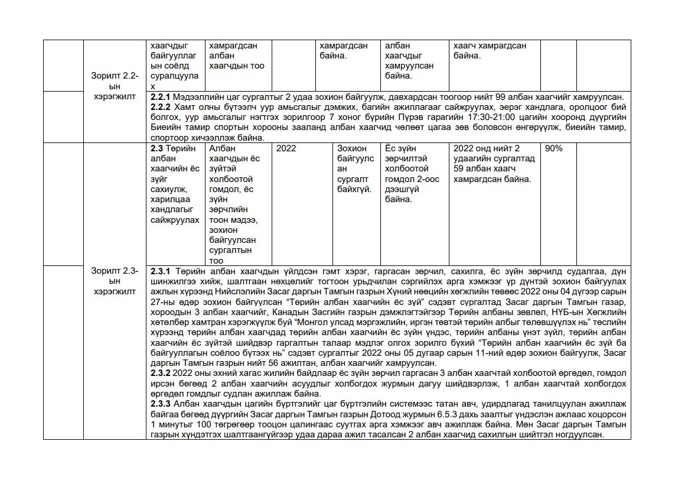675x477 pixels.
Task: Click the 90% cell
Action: click(553, 149)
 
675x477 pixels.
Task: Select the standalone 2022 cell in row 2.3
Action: click(286, 149)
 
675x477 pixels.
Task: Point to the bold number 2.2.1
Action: click(161, 97)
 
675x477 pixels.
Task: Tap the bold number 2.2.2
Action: click(161, 107)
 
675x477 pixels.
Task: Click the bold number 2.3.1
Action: click(161, 271)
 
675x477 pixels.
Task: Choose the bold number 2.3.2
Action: click(161, 374)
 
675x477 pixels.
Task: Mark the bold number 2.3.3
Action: click(161, 404)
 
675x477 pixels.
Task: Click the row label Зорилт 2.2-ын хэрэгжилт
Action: click(115, 86)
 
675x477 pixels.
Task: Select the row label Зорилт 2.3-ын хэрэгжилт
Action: click(115, 281)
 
